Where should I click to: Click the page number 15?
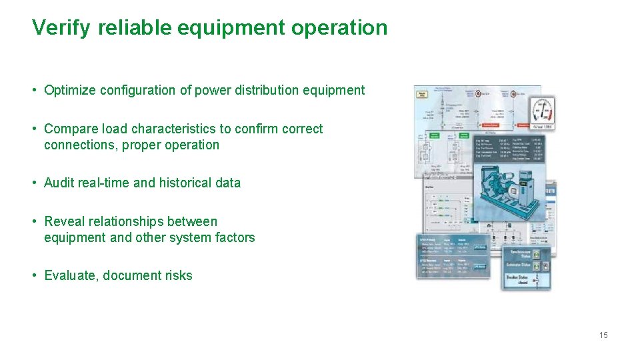click(x=603, y=335)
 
